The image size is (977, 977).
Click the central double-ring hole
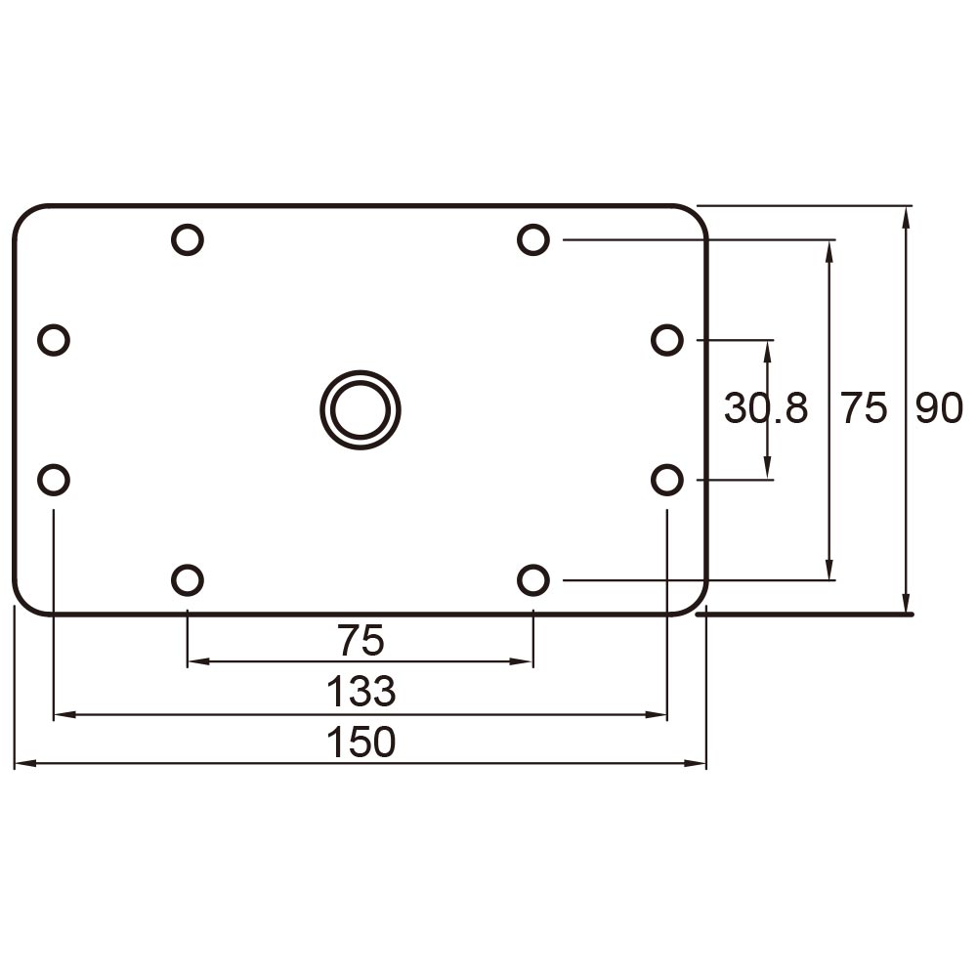[361, 409]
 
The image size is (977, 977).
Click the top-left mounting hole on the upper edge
[187, 238]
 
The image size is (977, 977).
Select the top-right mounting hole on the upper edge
[532, 238]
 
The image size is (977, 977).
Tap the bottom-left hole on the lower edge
[187, 580]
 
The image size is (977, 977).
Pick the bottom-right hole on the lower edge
[532, 580]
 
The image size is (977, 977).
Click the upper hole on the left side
[54, 340]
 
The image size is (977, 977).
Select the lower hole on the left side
[54, 480]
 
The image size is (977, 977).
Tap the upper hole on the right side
[666, 340]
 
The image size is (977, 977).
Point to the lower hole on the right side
[666, 480]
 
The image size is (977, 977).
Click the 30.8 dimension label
[766, 408]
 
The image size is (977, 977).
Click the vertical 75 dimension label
[865, 408]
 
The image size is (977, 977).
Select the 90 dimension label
[939, 408]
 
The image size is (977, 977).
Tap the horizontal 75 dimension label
[361, 641]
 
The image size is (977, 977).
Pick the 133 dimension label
[361, 692]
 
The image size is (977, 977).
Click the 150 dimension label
[361, 743]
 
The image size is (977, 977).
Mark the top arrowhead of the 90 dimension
[908, 217]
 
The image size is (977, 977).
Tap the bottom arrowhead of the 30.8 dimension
[768, 470]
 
